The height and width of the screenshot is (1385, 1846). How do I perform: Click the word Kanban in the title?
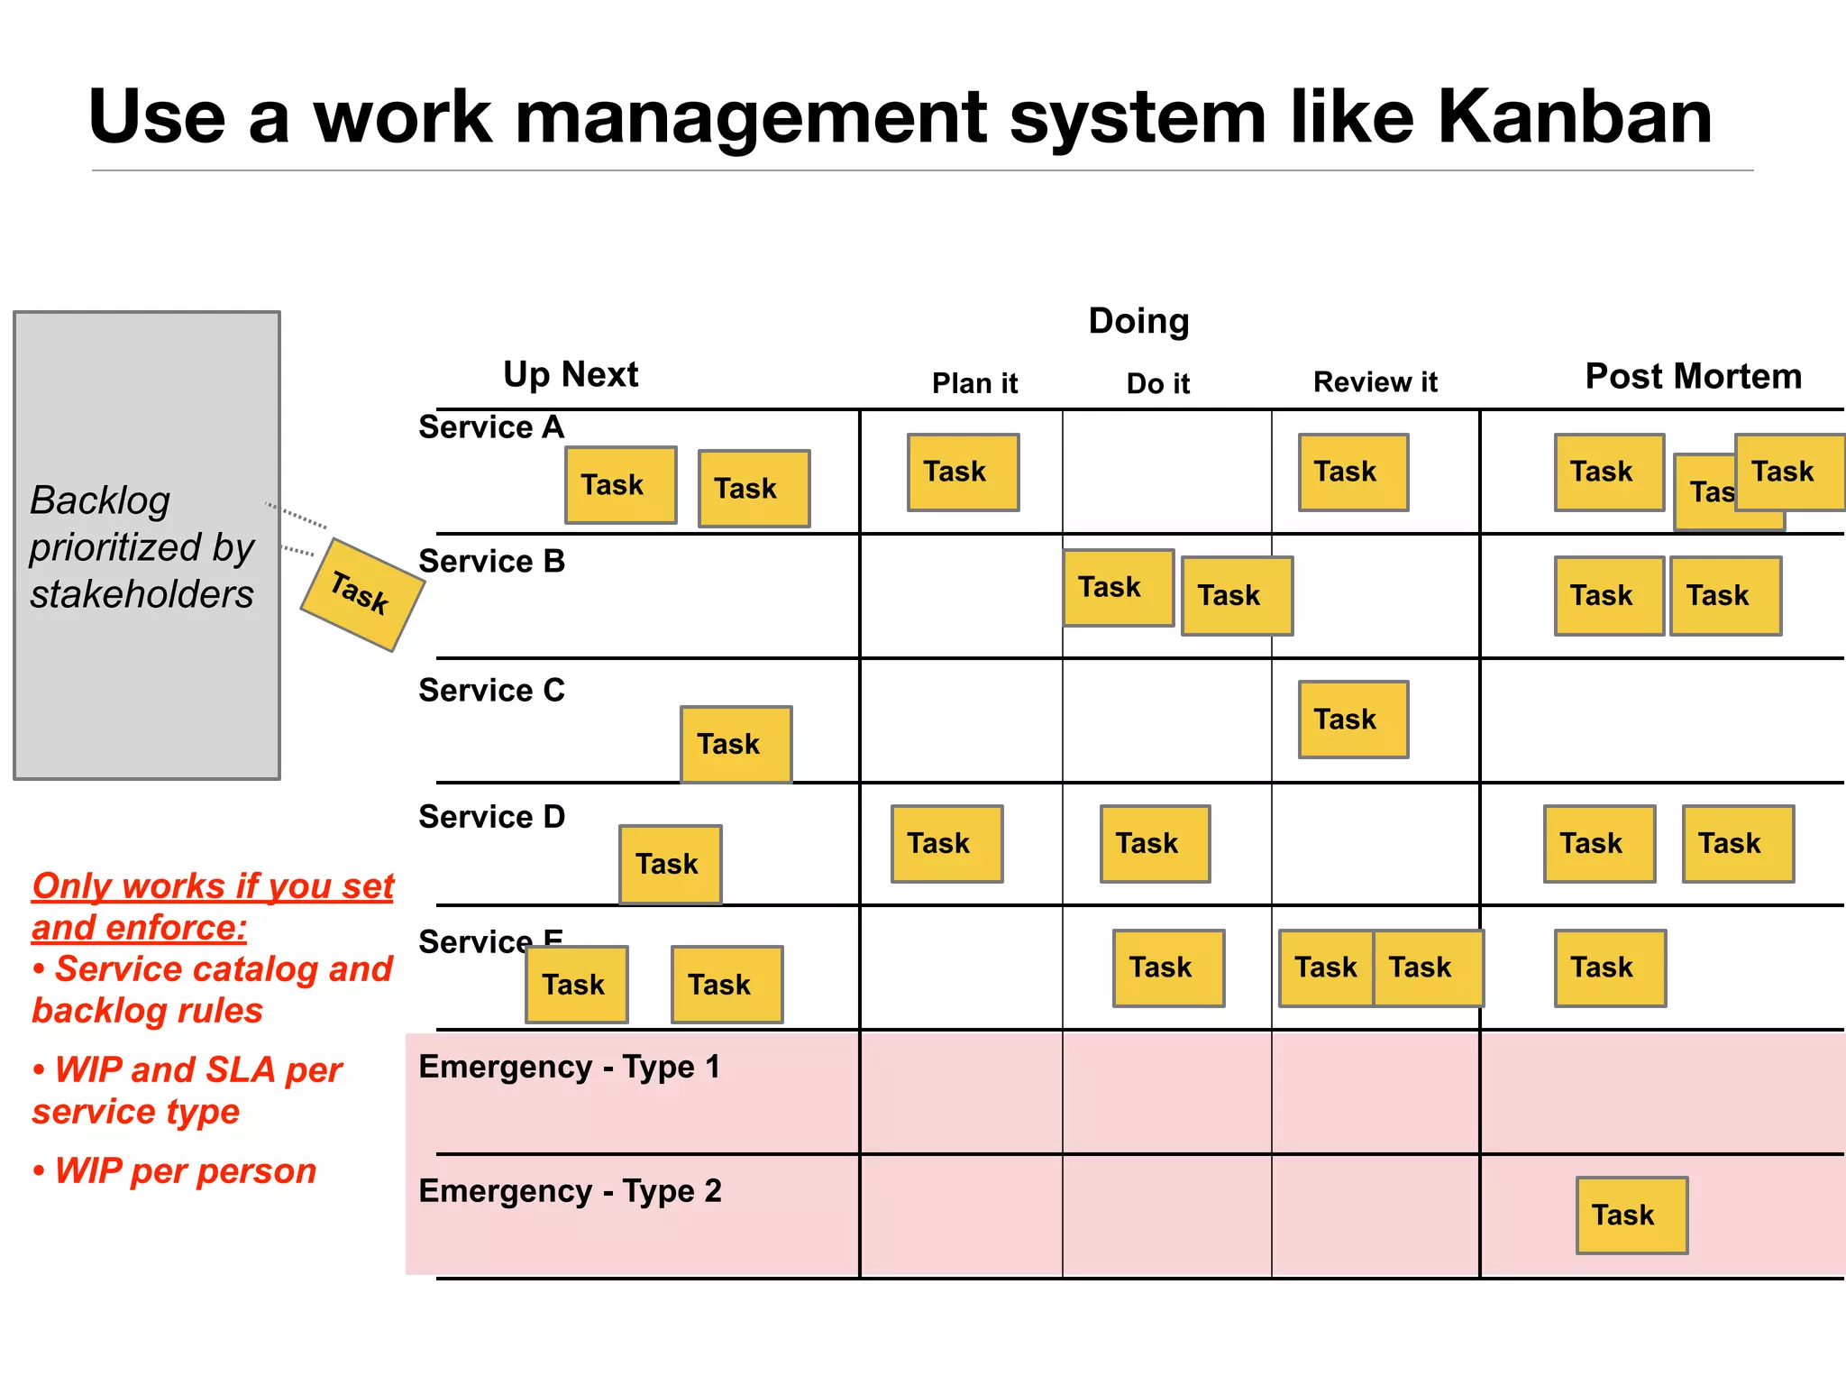pyautogui.click(x=1573, y=117)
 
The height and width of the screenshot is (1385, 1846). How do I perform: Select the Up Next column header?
pyautogui.click(x=571, y=374)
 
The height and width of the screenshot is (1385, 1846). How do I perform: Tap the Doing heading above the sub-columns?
pyautogui.click(x=1138, y=321)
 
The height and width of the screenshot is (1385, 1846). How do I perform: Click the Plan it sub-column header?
pyautogui.click(x=974, y=383)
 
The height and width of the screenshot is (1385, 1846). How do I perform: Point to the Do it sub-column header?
pyautogui.click(x=1157, y=383)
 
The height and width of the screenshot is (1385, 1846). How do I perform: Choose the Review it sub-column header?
pyautogui.click(x=1375, y=382)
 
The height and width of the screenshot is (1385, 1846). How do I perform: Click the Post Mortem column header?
pyautogui.click(x=1693, y=376)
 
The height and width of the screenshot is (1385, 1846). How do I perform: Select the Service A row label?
pyautogui.click(x=491, y=427)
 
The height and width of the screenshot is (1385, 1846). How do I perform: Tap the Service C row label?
pyautogui.click(x=491, y=690)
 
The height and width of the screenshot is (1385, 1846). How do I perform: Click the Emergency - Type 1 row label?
pyautogui.click(x=570, y=1067)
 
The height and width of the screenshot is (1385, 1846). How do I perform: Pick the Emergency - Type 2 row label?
pyautogui.click(x=570, y=1191)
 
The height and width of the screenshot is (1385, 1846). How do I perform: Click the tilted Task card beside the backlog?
pyautogui.click(x=361, y=594)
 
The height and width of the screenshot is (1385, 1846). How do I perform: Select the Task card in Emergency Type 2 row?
pyautogui.click(x=1631, y=1215)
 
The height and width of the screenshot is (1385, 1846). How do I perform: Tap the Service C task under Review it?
pyautogui.click(x=1353, y=720)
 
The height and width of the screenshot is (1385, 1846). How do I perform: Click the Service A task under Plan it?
pyautogui.click(x=963, y=472)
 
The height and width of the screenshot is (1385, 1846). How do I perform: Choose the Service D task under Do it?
pyautogui.click(x=1155, y=844)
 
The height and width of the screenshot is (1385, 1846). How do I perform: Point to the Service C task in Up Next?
pyautogui.click(x=736, y=744)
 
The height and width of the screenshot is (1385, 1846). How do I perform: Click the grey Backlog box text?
pyautogui.click(x=142, y=546)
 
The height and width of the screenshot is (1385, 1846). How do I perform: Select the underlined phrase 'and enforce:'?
pyautogui.click(x=140, y=928)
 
